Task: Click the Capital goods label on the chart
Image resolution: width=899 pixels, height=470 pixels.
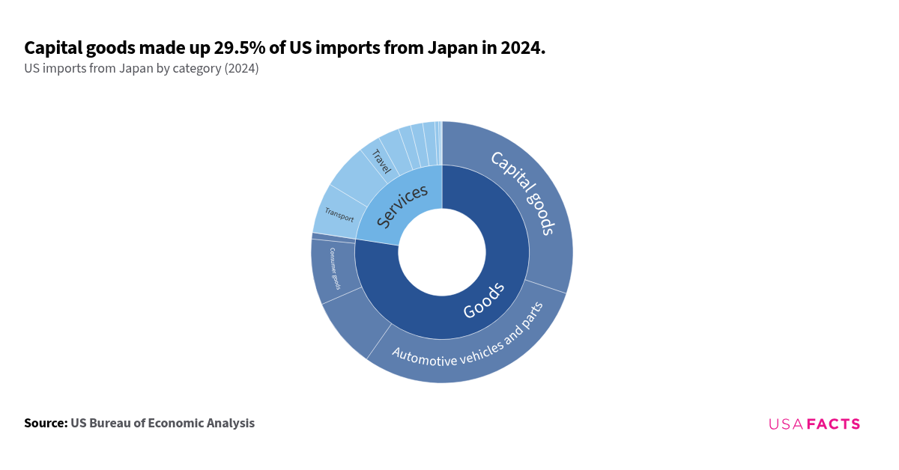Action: coord(523,192)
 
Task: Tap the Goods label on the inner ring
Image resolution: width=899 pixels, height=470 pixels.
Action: coord(483,300)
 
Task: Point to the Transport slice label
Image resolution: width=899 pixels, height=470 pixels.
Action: coord(339,216)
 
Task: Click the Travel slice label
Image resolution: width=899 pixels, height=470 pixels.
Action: coord(381,161)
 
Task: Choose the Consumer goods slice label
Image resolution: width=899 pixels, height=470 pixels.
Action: coord(335,269)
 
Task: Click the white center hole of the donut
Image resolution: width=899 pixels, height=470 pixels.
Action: coord(442,252)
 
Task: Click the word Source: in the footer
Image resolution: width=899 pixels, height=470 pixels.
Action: coord(46,423)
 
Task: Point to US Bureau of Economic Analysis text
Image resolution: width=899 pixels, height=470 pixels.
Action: coord(163,423)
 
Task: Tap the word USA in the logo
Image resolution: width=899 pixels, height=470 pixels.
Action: coord(785,424)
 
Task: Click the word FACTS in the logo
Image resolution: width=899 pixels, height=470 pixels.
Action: coord(833,424)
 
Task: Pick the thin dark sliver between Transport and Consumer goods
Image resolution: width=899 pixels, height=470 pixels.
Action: coord(333,236)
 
